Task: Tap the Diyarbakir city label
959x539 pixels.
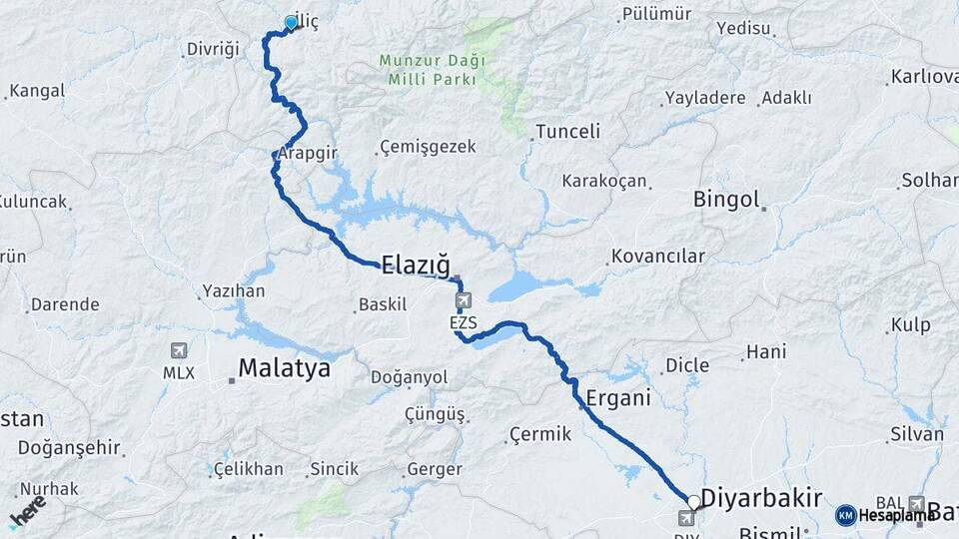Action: point(761,498)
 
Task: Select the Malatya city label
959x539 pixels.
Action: point(283,368)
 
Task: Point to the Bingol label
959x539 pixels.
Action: point(726,199)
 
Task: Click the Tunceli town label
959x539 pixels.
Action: point(567,131)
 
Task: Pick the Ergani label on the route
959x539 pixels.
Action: point(618,397)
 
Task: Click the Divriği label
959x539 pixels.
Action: point(214,49)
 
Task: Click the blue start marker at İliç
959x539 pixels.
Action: point(292,22)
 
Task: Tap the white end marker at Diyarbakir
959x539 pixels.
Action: point(693,502)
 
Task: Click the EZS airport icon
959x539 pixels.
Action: point(463,300)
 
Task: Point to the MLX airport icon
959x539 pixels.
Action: point(179,351)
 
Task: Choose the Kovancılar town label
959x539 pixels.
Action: point(658,257)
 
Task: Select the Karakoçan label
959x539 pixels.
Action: point(604,181)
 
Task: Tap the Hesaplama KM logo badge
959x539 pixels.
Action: point(845,515)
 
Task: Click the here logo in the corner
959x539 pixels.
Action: point(27,509)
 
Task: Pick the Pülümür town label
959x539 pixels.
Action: point(656,14)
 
